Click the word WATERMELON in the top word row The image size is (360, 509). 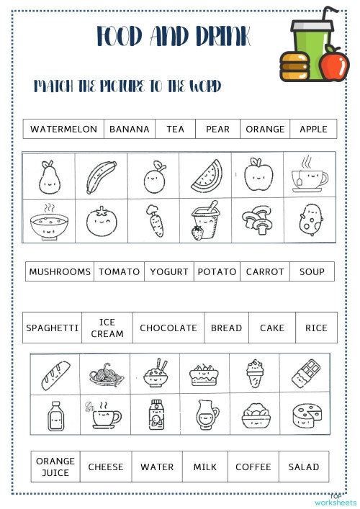[63, 130]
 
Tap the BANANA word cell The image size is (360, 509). [130, 130]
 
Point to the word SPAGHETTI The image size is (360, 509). [53, 328]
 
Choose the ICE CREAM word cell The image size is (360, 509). [107, 328]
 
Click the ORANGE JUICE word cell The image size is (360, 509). [55, 467]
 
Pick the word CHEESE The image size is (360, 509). [106, 467]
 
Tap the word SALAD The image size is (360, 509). [304, 467]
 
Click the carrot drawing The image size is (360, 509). [154, 221]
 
